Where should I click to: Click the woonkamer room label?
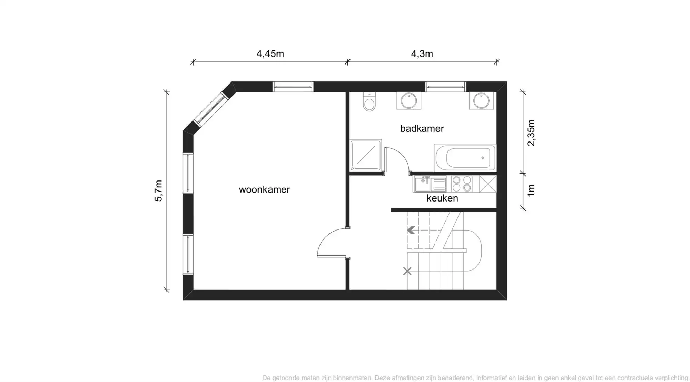[264, 189]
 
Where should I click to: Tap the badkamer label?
[422, 128]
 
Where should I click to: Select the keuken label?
[442, 198]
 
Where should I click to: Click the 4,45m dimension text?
[270, 54]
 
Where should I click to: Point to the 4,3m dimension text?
[422, 54]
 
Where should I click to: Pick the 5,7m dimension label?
[158, 190]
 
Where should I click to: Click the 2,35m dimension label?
[531, 133]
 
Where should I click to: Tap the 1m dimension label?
[531, 190]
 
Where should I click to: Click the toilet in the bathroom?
[369, 101]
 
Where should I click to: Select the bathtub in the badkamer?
[465, 157]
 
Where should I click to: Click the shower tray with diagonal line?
[366, 155]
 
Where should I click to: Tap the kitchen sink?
[430, 184]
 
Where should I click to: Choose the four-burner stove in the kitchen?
[462, 184]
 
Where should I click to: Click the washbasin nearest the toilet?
[409, 101]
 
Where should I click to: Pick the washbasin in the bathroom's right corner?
[481, 101]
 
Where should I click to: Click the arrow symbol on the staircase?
[411, 230]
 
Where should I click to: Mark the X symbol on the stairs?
[407, 271]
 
